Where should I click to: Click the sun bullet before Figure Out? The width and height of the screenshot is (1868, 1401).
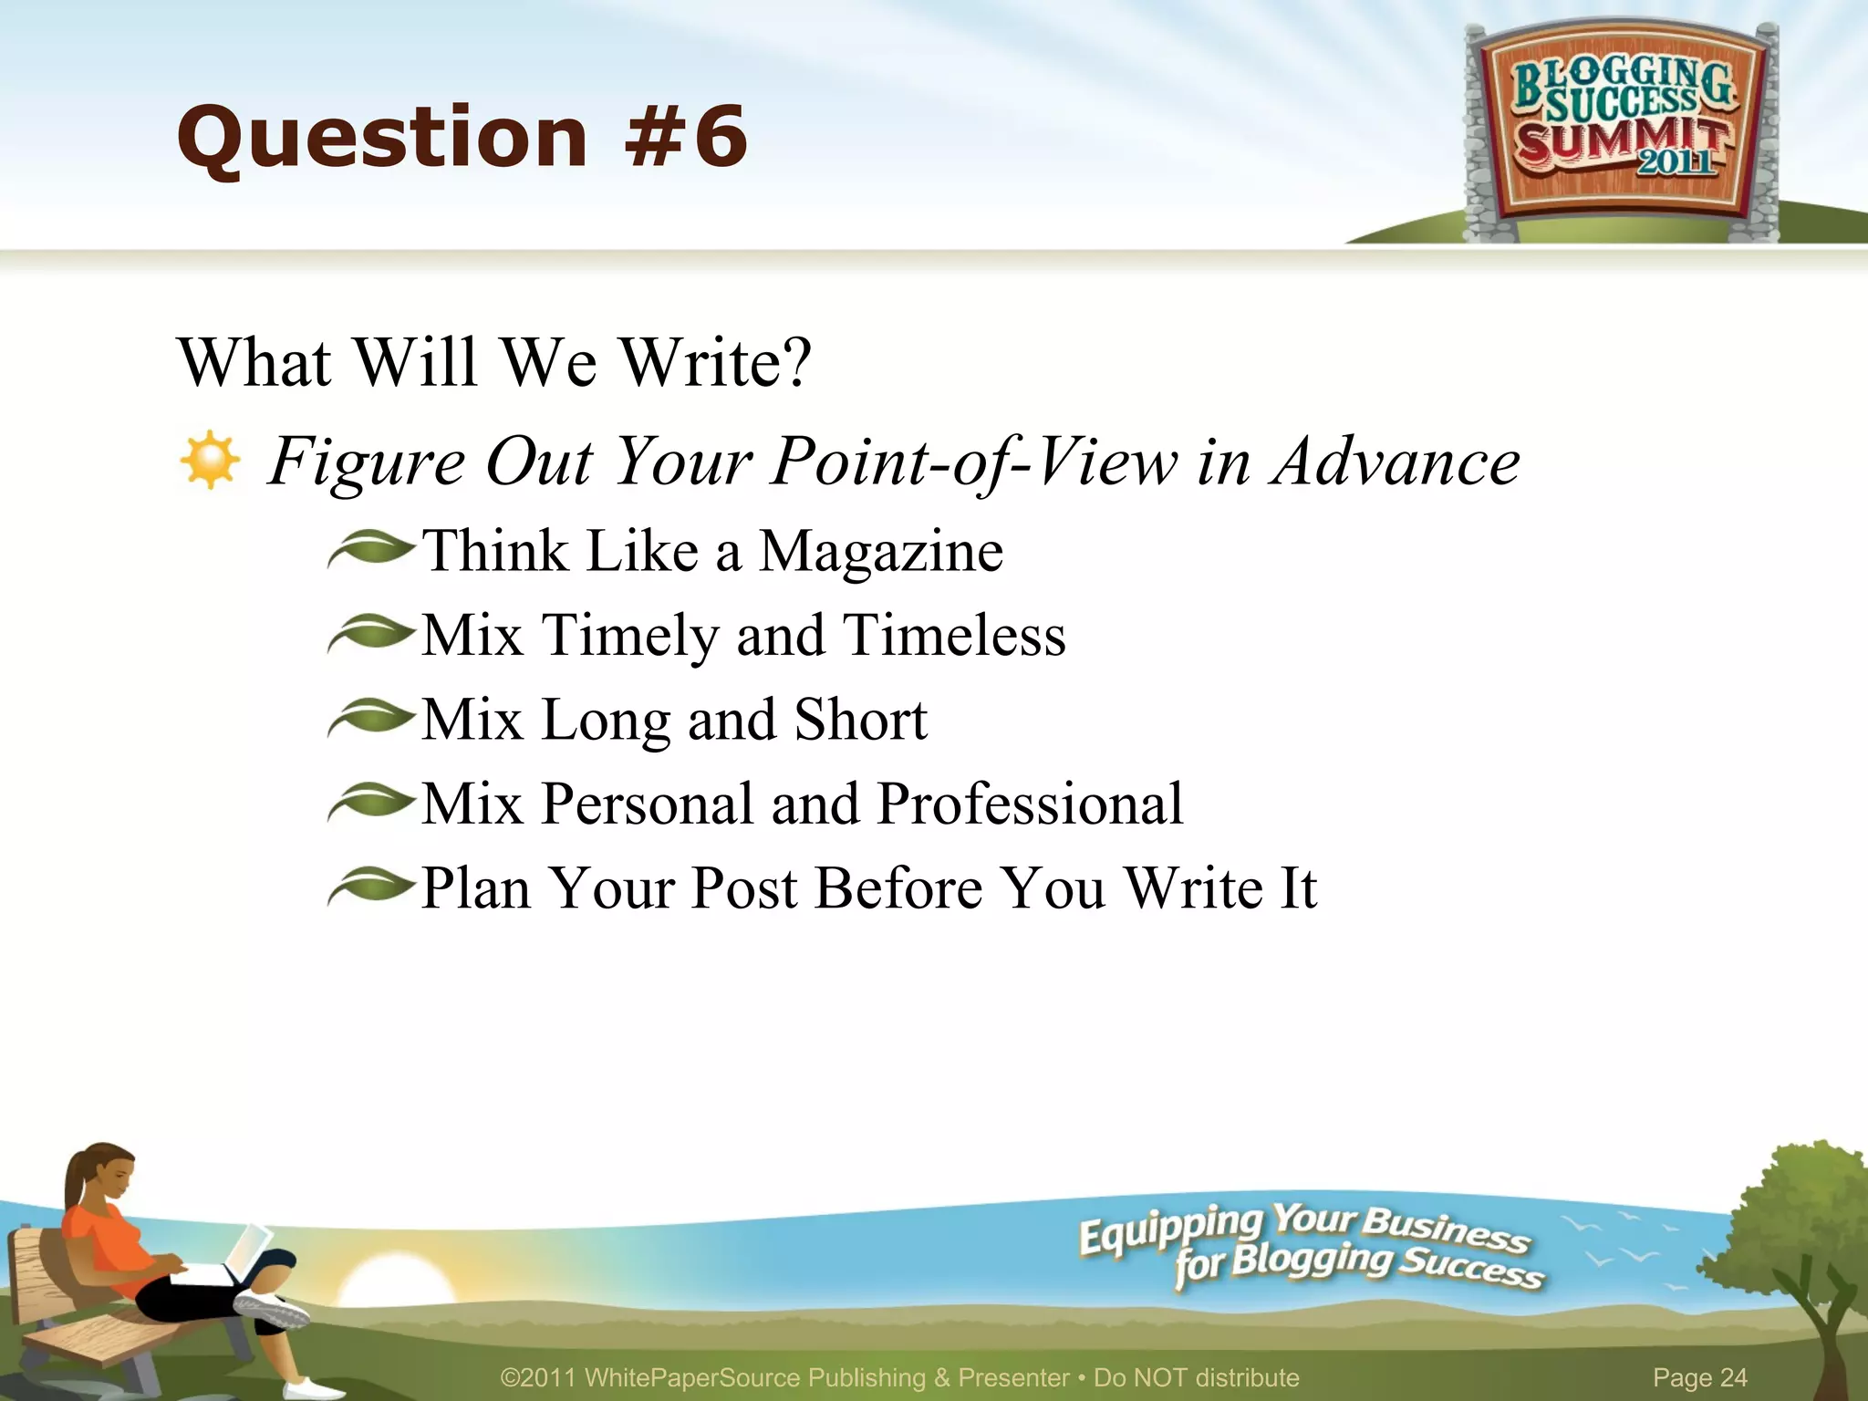click(210, 460)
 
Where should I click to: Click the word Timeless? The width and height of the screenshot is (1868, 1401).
click(954, 636)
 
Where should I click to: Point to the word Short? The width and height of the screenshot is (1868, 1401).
click(860, 720)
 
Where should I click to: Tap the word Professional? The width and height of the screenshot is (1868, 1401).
click(1030, 804)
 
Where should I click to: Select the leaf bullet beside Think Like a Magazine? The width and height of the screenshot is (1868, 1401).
click(370, 549)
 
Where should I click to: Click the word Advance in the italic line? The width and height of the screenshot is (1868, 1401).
click(1396, 462)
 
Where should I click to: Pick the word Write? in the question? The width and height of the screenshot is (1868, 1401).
click(716, 363)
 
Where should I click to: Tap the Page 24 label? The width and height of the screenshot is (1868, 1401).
click(1699, 1377)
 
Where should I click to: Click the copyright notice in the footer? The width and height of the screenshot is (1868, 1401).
click(899, 1377)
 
